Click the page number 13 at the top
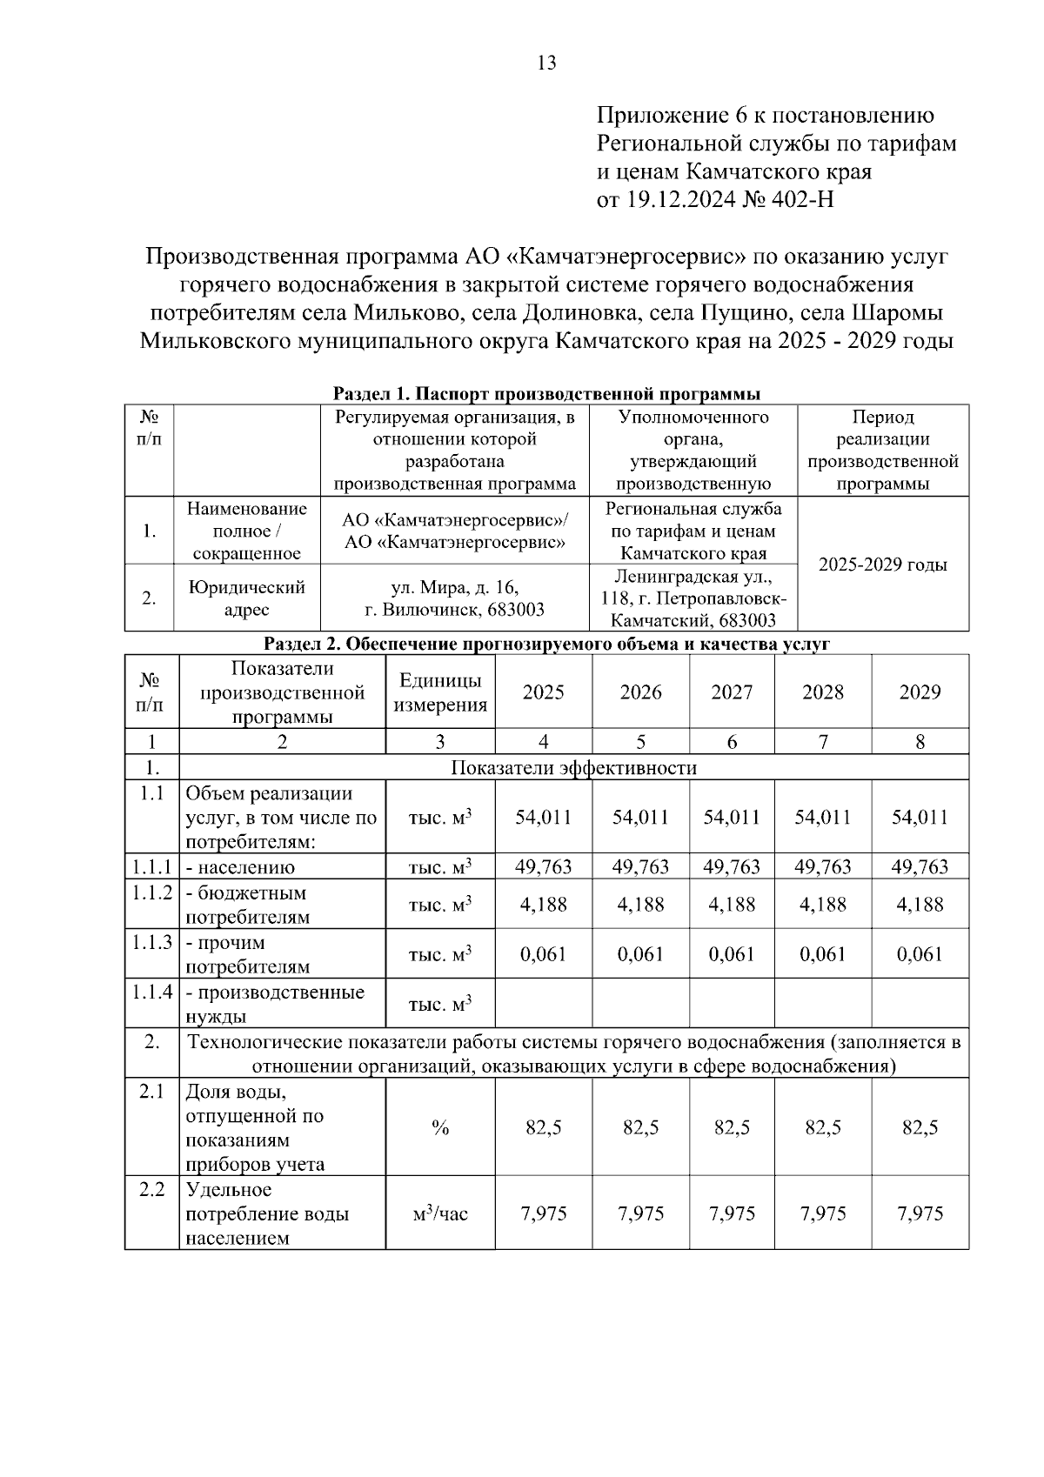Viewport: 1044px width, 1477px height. click(547, 63)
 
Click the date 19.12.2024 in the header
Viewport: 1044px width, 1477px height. click(678, 200)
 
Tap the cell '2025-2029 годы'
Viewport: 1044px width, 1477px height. click(883, 565)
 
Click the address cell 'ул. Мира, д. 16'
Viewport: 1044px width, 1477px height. click(455, 587)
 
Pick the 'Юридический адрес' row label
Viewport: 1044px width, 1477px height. click(247, 598)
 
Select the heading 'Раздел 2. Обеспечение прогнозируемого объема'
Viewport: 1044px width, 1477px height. click(547, 644)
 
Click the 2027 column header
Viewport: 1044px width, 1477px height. click(732, 692)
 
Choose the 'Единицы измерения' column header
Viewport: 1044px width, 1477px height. click(440, 692)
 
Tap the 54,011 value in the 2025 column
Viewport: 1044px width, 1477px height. click(544, 817)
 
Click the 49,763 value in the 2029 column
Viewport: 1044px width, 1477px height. click(920, 867)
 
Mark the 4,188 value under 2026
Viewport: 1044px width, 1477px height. click(641, 905)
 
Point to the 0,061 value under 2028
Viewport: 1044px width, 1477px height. click(823, 954)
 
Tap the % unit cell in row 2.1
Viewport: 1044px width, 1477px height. click(440, 1128)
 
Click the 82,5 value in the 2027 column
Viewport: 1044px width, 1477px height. click(732, 1128)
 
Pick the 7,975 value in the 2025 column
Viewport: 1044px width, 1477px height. click(544, 1213)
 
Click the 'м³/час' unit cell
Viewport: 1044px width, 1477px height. click(440, 1213)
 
